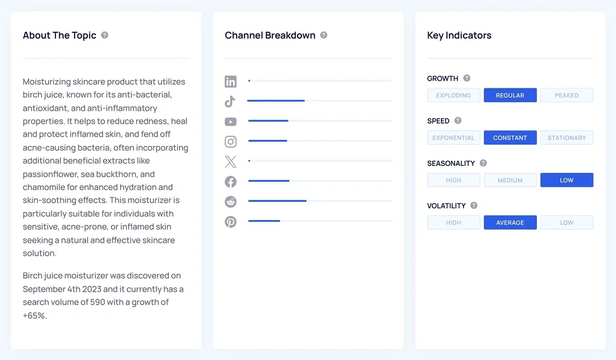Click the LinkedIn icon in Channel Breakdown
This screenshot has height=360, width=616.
click(x=230, y=81)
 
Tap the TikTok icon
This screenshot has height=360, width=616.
click(x=230, y=101)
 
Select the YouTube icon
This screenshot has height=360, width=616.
click(x=230, y=122)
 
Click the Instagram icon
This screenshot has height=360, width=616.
click(x=230, y=141)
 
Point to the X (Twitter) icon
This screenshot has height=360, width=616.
click(x=230, y=162)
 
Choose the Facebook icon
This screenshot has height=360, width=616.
click(x=230, y=181)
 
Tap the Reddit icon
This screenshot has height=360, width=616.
click(x=230, y=201)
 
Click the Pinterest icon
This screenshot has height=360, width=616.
click(x=230, y=221)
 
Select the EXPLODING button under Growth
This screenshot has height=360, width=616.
click(x=453, y=96)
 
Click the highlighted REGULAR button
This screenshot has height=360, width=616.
click(x=510, y=96)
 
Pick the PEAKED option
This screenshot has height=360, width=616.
click(x=566, y=96)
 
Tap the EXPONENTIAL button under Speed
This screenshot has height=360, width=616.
click(x=453, y=138)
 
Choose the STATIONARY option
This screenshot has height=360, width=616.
click(x=566, y=138)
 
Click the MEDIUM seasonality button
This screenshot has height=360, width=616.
click(x=510, y=180)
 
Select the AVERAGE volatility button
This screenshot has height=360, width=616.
click(x=510, y=223)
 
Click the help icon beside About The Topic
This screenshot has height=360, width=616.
click(x=105, y=35)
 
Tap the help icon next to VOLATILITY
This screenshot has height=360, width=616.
click(x=474, y=205)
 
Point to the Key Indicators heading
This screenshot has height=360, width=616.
click(x=459, y=35)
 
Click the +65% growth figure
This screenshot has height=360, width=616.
click(x=34, y=316)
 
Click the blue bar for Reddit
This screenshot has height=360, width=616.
click(x=277, y=201)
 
